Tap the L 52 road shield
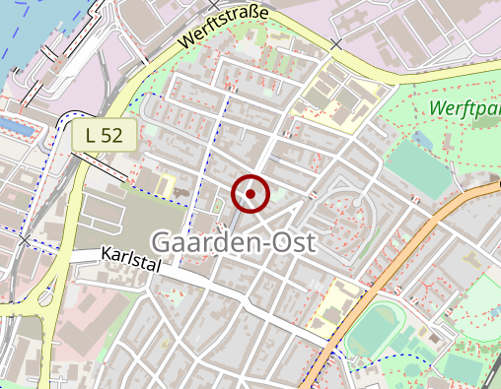point(104,135)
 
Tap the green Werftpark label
point(465,108)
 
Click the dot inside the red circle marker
point(250,194)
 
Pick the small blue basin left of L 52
point(18,126)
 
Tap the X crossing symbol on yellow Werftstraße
point(336,44)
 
